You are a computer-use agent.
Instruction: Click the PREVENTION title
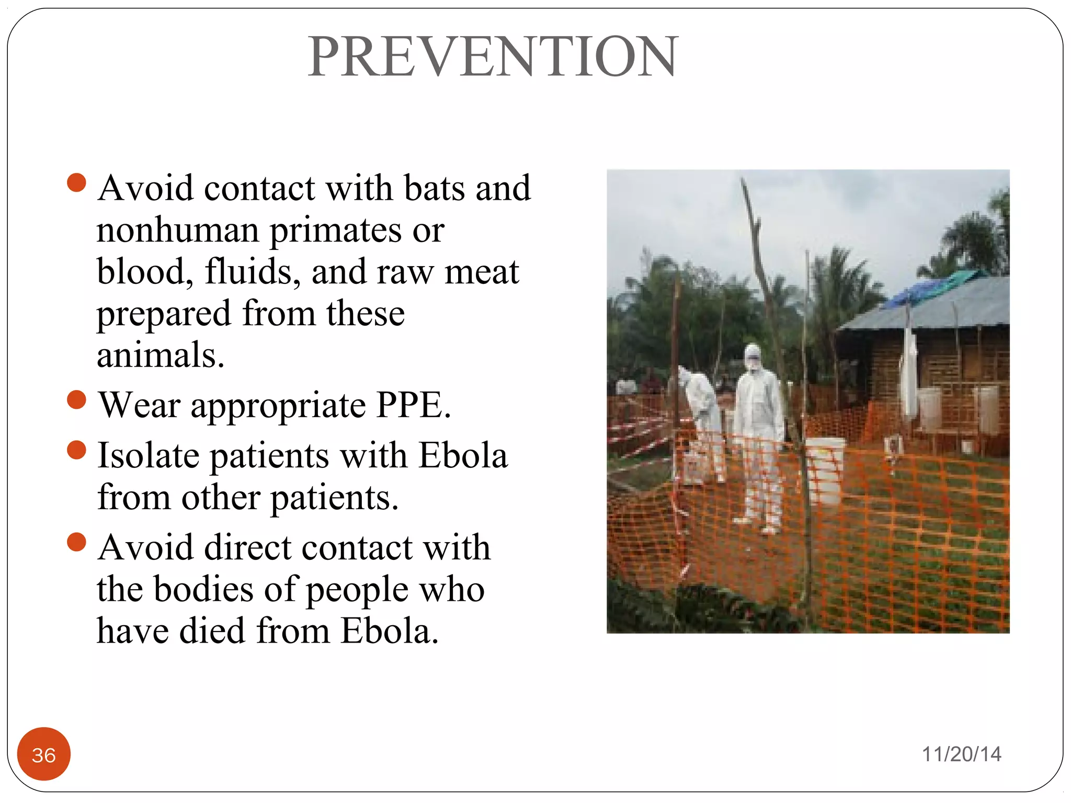coord(493,56)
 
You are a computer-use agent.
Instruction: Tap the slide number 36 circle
coord(44,754)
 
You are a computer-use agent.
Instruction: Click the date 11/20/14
coord(961,754)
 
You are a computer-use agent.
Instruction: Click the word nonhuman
coord(178,230)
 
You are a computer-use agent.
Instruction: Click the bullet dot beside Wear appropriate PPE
coord(77,400)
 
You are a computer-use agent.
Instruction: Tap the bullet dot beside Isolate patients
coord(77,450)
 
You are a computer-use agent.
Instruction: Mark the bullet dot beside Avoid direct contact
coord(77,542)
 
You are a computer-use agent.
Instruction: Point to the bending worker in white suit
coord(701,413)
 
